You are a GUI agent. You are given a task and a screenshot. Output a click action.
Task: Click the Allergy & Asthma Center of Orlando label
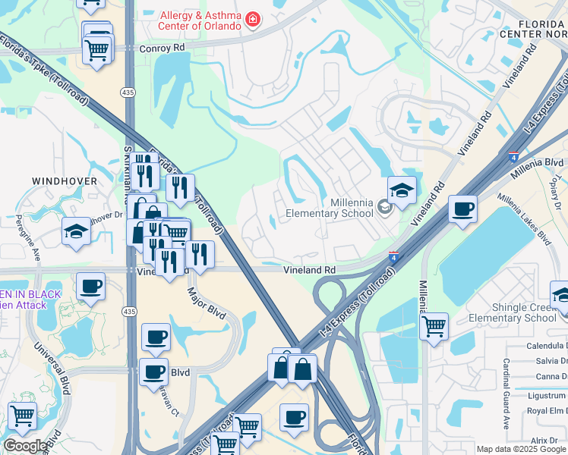tap(201, 20)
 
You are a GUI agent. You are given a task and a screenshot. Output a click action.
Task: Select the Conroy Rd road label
tap(163, 47)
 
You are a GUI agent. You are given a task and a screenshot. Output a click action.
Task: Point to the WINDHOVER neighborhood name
tap(65, 181)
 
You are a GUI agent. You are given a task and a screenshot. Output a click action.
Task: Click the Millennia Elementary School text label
tap(330, 208)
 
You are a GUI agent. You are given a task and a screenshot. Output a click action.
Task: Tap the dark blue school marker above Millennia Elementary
tap(402, 190)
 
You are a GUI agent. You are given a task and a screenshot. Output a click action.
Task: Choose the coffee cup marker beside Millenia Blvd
tap(462, 209)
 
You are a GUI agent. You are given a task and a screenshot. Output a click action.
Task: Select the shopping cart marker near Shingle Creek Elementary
tap(434, 326)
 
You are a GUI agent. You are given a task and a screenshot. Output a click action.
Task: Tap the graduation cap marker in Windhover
tap(76, 231)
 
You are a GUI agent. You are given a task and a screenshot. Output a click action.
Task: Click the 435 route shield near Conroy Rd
tap(128, 91)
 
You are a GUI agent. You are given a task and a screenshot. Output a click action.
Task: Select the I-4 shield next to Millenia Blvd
tap(513, 155)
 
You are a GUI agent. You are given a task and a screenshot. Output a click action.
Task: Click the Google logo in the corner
tap(25, 447)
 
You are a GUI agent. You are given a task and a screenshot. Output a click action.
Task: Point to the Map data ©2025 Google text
tap(520, 449)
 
